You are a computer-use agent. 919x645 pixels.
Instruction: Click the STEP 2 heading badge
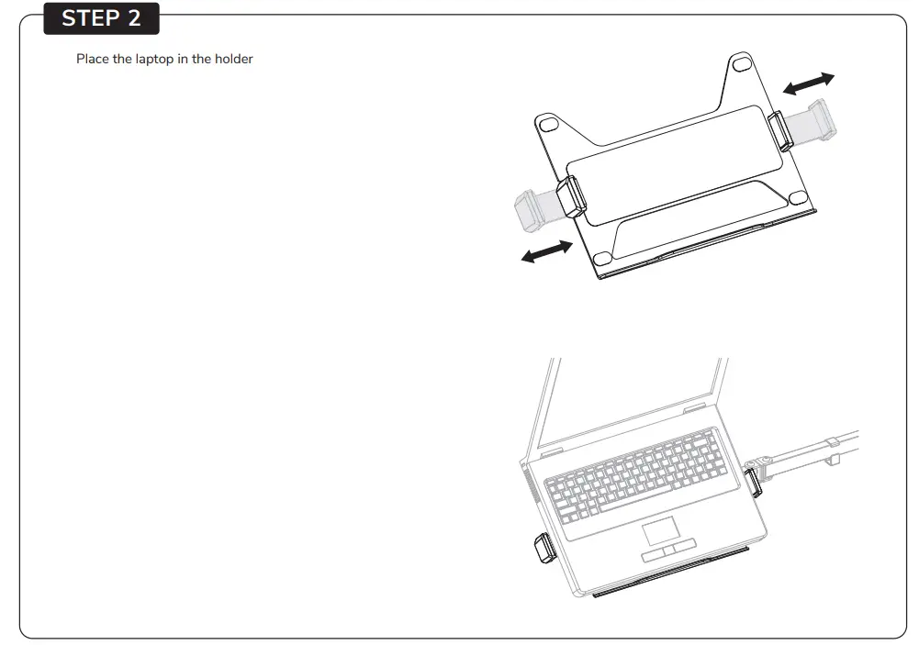coord(101,17)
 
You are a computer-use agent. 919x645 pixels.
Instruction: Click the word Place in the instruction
coord(92,60)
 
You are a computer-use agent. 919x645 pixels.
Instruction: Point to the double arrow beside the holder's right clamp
coord(808,83)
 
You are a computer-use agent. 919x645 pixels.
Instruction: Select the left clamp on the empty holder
coord(571,196)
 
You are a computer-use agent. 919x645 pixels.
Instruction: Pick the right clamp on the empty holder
coord(779,129)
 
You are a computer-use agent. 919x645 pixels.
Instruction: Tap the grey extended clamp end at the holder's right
coord(817,120)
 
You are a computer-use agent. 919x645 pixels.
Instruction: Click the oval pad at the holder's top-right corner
coord(740,65)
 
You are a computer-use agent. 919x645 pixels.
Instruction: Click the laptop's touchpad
coord(659,529)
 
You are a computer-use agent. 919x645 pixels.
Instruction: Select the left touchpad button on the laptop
coord(656,554)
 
